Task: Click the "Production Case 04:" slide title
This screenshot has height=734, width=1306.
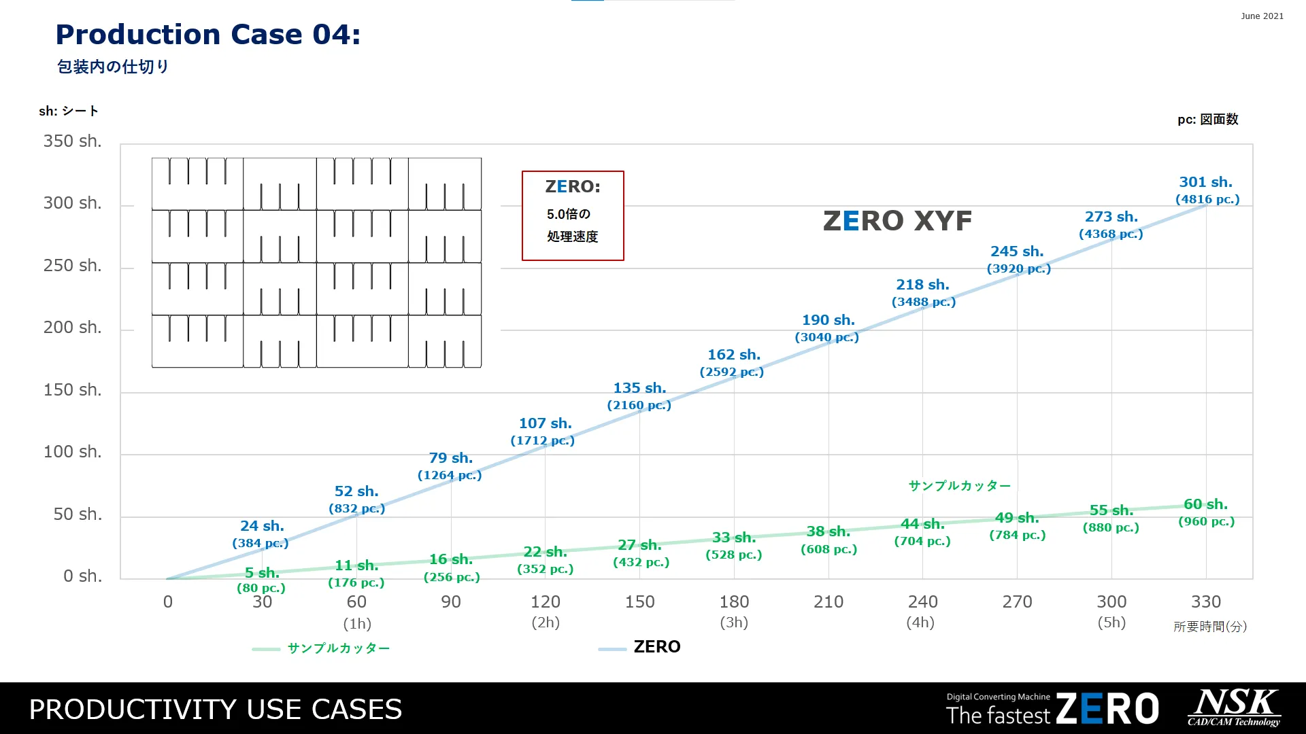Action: click(x=207, y=35)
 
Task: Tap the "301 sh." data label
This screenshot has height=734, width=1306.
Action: click(x=1205, y=182)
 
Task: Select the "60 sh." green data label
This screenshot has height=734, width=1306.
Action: click(x=1205, y=504)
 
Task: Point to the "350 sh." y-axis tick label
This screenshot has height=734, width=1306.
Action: click(x=72, y=141)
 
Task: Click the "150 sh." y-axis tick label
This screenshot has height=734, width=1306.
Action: click(x=72, y=390)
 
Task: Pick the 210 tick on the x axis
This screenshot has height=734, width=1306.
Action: click(x=828, y=602)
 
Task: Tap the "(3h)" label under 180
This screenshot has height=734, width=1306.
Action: click(x=734, y=623)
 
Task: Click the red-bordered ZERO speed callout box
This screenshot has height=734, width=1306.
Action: click(x=573, y=215)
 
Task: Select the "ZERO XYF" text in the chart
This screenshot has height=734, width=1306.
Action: click(x=897, y=221)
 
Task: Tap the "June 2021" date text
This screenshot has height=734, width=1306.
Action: click(x=1262, y=16)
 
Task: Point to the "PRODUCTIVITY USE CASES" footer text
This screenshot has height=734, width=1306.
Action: click(x=215, y=710)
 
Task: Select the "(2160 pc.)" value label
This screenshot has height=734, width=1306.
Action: click(x=639, y=406)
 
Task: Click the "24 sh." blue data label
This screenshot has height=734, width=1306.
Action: click(x=262, y=526)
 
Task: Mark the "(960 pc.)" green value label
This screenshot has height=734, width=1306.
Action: click(x=1206, y=522)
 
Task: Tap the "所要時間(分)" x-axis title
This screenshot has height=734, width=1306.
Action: click(x=1209, y=627)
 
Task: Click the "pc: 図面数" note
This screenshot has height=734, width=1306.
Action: click(x=1207, y=120)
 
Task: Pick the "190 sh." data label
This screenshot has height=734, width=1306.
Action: click(x=828, y=320)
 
